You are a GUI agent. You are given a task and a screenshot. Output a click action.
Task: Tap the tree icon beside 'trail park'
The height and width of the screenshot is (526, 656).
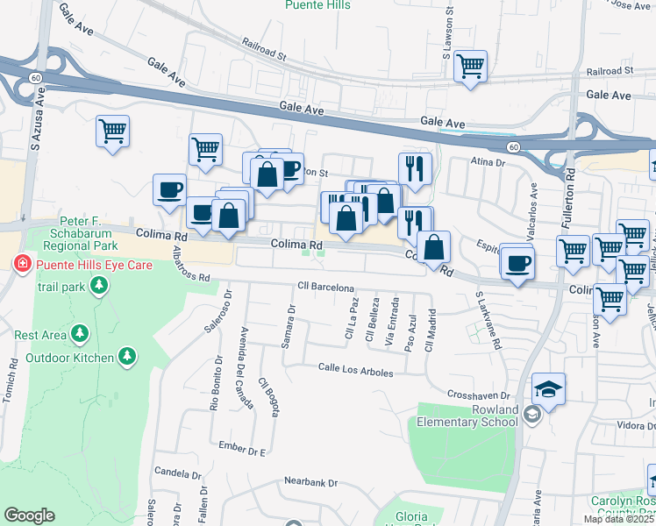point(99,285)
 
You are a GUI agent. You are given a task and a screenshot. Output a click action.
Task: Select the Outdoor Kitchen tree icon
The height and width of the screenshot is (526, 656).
point(128,356)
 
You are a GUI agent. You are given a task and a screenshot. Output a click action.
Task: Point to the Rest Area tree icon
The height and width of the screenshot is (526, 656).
point(81,333)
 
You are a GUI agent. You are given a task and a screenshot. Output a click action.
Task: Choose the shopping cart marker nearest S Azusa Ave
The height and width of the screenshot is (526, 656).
point(112,131)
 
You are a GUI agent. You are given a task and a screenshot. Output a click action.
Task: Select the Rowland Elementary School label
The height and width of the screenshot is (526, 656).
point(469,415)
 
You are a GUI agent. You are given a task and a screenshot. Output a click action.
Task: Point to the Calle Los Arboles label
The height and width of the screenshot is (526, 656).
point(355,370)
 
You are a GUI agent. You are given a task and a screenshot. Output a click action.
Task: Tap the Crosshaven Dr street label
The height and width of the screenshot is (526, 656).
point(478,396)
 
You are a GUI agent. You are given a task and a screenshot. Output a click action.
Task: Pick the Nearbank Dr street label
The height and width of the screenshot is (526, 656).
point(310,482)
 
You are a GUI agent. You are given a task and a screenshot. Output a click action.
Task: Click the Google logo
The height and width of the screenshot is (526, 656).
point(30,515)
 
